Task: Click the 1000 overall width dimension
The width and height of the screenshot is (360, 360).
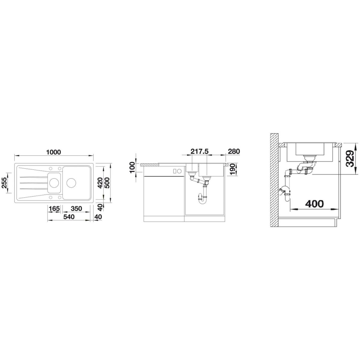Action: pyautogui.click(x=54, y=152)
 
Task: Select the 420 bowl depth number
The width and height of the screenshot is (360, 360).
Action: pyautogui.click(x=100, y=183)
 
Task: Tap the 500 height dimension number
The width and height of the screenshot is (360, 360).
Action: pyautogui.click(x=107, y=183)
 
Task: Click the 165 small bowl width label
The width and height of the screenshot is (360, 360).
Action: pyautogui.click(x=54, y=208)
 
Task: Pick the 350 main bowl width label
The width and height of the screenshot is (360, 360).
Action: pyautogui.click(x=76, y=208)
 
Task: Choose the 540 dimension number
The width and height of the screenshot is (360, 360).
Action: pyautogui.click(x=69, y=217)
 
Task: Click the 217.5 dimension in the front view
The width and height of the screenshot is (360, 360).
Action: pyautogui.click(x=199, y=151)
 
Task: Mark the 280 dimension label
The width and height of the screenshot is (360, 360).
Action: pyautogui.click(x=234, y=151)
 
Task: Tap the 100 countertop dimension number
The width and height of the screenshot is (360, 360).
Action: pyautogui.click(x=132, y=168)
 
